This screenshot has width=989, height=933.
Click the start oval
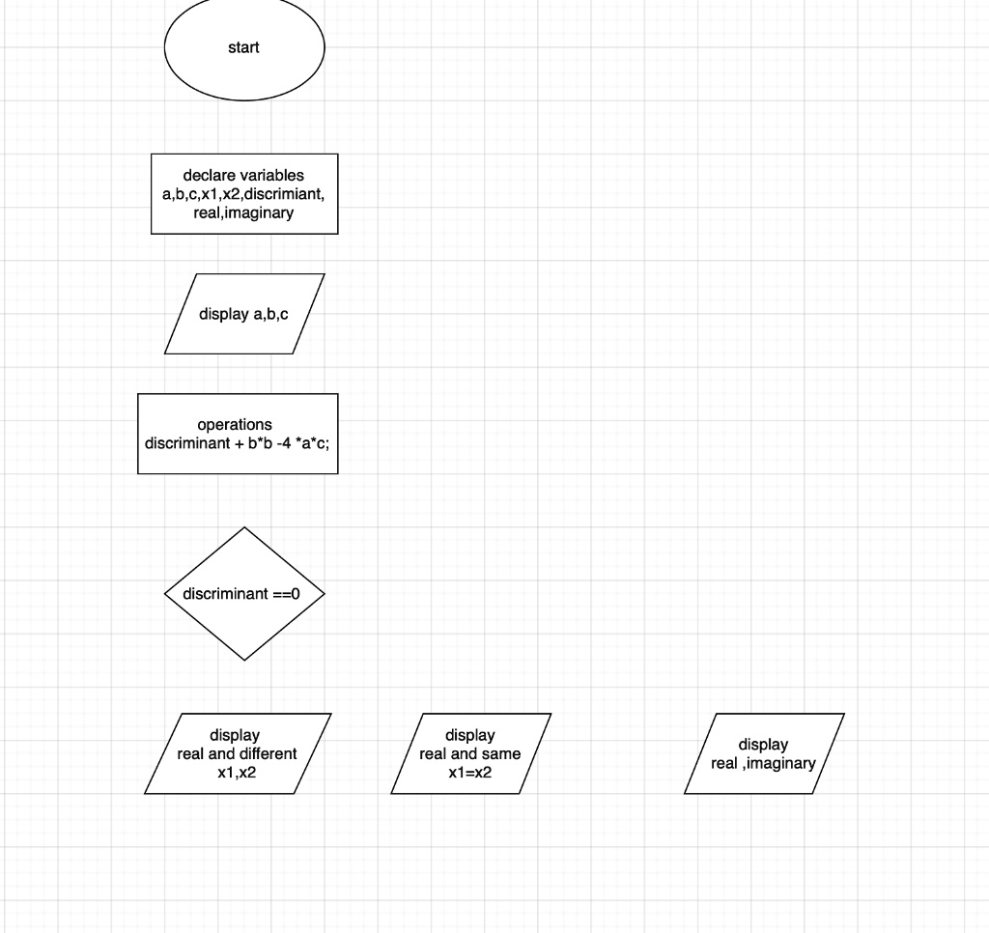[244, 47]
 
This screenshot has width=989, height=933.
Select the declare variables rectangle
[244, 194]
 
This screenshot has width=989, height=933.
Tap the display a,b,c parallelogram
[244, 314]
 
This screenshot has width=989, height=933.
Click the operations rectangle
[238, 434]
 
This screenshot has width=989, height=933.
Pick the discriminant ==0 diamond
[244, 594]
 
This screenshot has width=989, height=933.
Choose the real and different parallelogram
[238, 753]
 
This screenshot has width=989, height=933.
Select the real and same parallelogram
[470, 753]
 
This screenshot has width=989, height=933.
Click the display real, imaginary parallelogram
[764, 753]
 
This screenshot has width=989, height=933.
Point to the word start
[243, 47]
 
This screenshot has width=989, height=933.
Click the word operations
[235, 425]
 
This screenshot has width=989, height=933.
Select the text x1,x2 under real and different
[237, 773]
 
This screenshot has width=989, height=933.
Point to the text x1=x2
[470, 773]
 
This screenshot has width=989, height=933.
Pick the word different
[268, 754]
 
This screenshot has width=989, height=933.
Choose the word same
[501, 754]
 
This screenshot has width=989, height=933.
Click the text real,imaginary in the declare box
[243, 213]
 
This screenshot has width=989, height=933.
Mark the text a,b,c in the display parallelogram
[270, 314]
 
